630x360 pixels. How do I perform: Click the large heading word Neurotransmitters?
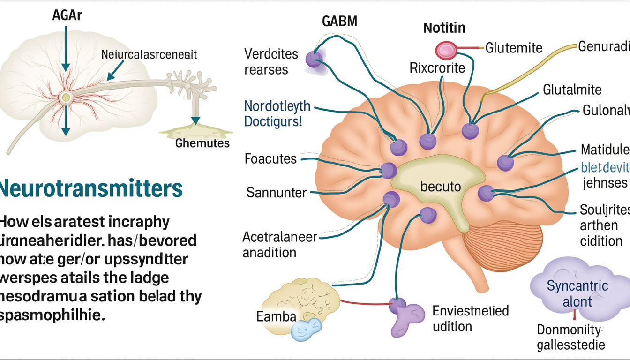[x=91, y=188]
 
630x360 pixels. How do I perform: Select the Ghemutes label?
[x=202, y=143]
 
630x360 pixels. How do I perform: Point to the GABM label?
[x=339, y=22]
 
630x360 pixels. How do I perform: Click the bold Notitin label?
[x=444, y=28]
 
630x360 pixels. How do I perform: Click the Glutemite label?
[x=514, y=47]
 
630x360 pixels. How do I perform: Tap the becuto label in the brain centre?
[x=441, y=187]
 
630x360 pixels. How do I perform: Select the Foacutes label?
[x=270, y=159]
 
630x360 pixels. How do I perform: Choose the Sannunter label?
[x=277, y=192]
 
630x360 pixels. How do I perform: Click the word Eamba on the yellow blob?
[x=277, y=316]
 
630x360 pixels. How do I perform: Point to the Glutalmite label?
[x=572, y=89]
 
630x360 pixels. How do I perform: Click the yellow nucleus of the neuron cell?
[x=66, y=97]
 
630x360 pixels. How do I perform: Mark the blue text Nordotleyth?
[x=277, y=106]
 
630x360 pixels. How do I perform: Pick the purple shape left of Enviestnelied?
[x=405, y=314]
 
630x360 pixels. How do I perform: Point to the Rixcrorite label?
[x=437, y=68]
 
